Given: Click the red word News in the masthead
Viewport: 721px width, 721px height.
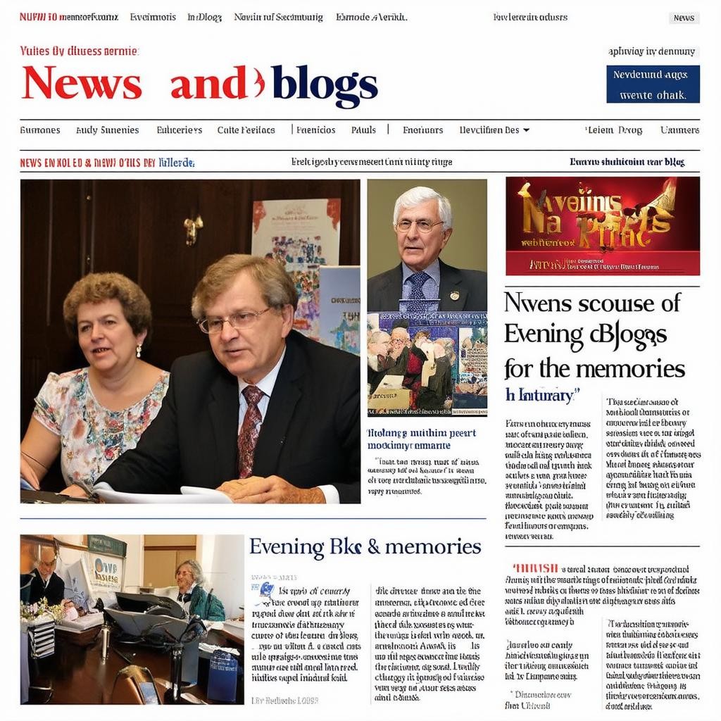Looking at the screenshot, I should tap(82, 84).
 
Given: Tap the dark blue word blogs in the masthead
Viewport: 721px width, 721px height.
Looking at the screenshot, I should tap(325, 85).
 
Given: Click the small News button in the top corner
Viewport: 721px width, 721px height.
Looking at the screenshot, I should tap(683, 18).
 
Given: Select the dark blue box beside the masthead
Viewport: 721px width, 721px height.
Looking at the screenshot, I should tap(653, 84).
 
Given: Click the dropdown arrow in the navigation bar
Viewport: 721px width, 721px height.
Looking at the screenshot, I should tap(526, 130).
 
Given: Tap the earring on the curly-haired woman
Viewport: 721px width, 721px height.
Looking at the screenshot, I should tap(138, 350).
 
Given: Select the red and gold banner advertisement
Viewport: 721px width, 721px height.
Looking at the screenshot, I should tap(602, 225).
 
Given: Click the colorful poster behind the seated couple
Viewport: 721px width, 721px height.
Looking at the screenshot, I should tap(296, 236).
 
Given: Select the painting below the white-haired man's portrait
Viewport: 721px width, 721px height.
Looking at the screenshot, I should tap(427, 363).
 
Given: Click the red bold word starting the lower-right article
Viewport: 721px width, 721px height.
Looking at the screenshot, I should tap(536, 568).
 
